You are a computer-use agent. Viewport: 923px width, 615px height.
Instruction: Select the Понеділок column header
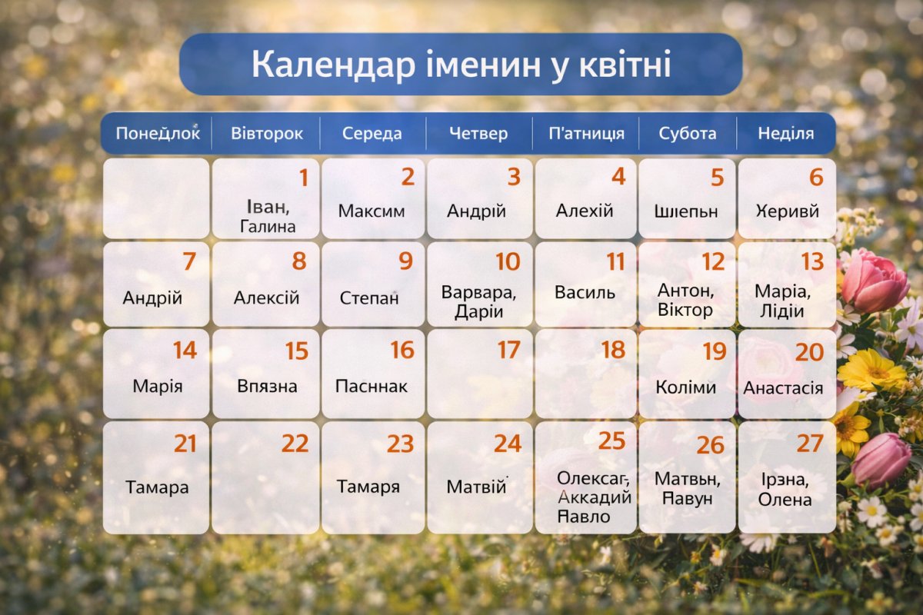pyautogui.click(x=157, y=133)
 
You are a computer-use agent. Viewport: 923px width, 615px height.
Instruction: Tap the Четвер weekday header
pyautogui.click(x=478, y=133)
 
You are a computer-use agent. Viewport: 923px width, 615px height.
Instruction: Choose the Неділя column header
pyautogui.click(x=785, y=133)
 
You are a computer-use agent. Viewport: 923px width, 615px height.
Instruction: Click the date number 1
pyautogui.click(x=303, y=178)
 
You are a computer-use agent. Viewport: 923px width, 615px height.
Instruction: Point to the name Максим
pyautogui.click(x=371, y=211)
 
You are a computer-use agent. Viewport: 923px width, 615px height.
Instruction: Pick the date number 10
pyautogui.click(x=507, y=261)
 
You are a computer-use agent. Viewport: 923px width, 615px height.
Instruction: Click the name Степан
pyautogui.click(x=369, y=298)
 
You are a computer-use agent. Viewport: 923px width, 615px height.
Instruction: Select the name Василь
pyautogui.click(x=585, y=293)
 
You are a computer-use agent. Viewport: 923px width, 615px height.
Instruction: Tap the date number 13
pyautogui.click(x=812, y=261)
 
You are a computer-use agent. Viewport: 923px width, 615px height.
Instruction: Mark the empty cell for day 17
pyautogui.click(x=479, y=384)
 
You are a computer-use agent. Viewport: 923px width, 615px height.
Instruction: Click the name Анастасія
pyautogui.click(x=783, y=388)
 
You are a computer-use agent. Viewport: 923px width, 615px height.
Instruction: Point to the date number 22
pyautogui.click(x=295, y=444)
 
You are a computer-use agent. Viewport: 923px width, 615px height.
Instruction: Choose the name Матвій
pyautogui.click(x=476, y=487)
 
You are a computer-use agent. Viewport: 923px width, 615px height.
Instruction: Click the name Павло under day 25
pyautogui.click(x=584, y=516)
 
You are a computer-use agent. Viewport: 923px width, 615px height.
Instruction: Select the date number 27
pyautogui.click(x=810, y=444)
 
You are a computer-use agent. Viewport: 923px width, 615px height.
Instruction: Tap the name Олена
pyautogui.click(x=785, y=500)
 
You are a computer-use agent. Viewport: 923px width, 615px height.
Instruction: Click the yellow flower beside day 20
pyautogui.click(x=872, y=371)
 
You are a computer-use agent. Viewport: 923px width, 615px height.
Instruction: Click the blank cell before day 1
pyautogui.click(x=156, y=198)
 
